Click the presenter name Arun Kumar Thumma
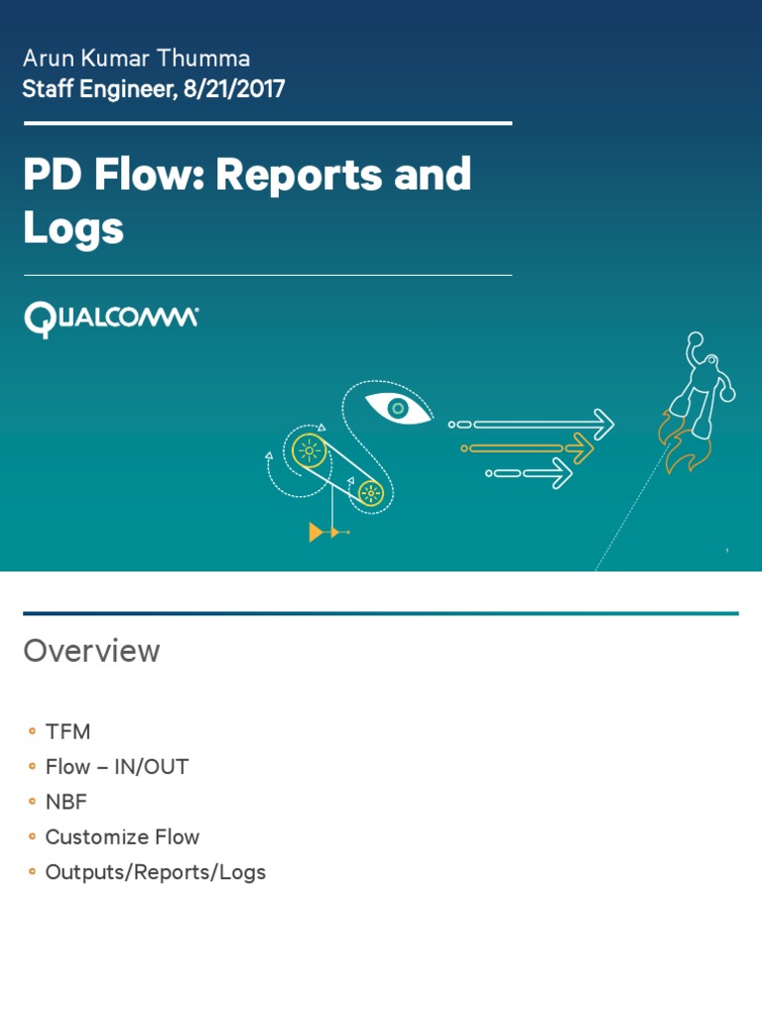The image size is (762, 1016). (136, 58)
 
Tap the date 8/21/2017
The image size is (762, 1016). (234, 89)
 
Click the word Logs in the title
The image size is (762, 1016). (73, 227)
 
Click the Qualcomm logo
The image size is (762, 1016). (111, 319)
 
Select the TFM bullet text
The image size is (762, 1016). (67, 732)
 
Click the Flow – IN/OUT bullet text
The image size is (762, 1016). (116, 767)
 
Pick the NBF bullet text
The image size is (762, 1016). (66, 802)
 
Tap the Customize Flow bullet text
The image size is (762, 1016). (122, 837)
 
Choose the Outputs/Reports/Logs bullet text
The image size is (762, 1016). (155, 873)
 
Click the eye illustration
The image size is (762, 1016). (398, 408)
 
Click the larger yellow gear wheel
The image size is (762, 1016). (309, 451)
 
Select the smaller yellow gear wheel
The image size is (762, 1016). (370, 491)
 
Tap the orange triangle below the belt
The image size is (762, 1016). (317, 533)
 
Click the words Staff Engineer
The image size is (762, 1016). (99, 89)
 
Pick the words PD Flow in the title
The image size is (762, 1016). (115, 176)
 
